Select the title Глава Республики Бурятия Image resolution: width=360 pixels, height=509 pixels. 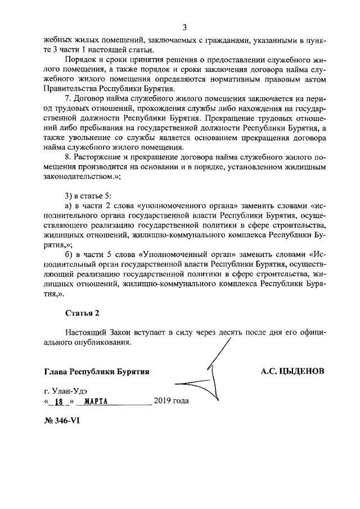click(96, 372)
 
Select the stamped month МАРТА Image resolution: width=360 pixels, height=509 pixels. click(92, 402)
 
